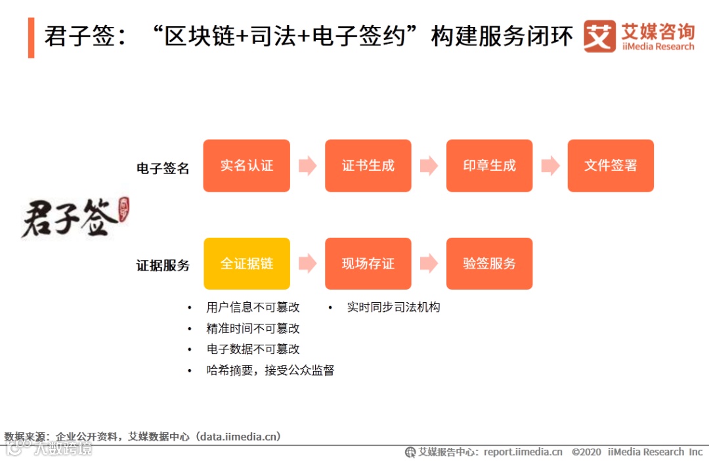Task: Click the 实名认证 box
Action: (246, 165)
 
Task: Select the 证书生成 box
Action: (368, 165)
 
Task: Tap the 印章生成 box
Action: (489, 165)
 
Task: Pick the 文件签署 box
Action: (611, 165)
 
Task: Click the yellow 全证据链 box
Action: (246, 263)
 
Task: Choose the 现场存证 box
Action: (368, 263)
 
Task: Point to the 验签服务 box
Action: (489, 263)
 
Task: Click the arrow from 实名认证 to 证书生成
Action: (307, 165)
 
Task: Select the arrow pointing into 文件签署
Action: (550, 165)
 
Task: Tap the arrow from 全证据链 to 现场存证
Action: (307, 263)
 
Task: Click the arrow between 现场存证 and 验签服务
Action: (429, 263)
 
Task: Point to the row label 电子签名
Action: (163, 168)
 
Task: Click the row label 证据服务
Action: (163, 265)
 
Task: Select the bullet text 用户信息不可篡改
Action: (253, 307)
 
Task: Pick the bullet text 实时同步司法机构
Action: (393, 307)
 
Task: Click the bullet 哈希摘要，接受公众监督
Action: (270, 370)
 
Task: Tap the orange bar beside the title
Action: (31, 37)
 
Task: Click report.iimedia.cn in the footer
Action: (523, 452)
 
